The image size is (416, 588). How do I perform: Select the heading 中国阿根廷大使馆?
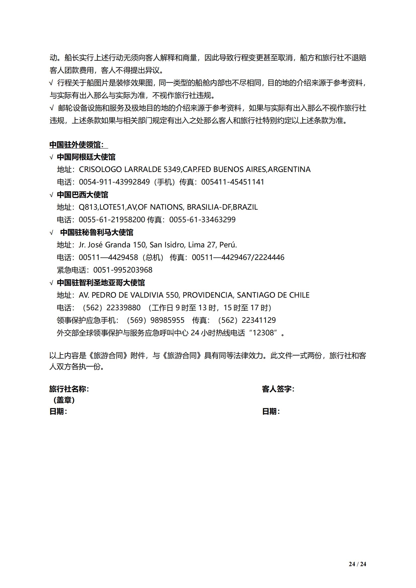[86, 157]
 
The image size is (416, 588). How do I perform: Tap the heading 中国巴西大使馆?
[82, 195]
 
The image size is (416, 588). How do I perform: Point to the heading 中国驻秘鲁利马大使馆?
[97, 232]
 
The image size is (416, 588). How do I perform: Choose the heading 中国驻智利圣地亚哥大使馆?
[101, 283]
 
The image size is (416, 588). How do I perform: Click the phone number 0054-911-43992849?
[114, 182]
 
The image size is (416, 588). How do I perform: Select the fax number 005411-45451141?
[233, 182]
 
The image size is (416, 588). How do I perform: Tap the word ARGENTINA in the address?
[289, 169]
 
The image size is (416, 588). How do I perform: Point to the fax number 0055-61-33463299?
[202, 220]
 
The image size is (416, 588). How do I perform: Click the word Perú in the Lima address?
[228, 245]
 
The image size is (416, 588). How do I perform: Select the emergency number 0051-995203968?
[123, 270]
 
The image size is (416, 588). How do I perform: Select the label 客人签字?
[278, 389]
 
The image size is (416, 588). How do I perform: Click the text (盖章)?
[64, 400]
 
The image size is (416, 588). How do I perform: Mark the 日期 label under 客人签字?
[271, 411]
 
